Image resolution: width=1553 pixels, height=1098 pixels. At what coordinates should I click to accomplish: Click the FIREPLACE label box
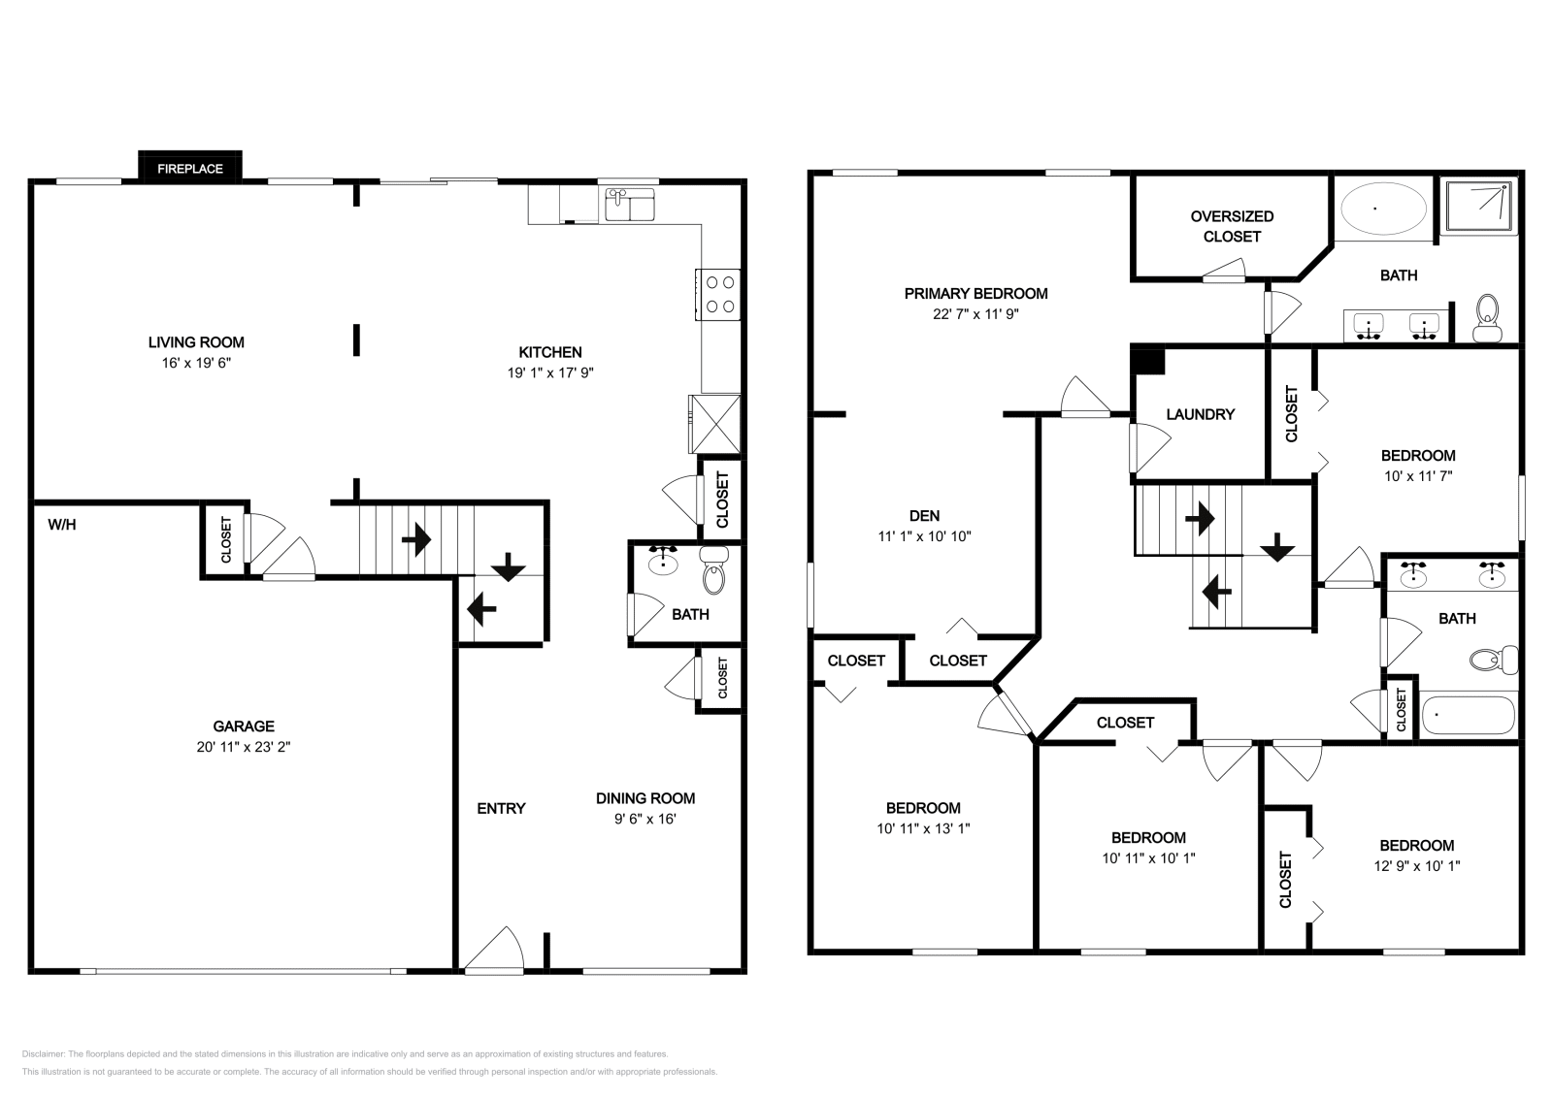tap(190, 167)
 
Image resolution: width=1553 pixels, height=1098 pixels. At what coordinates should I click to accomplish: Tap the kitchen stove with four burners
tap(718, 295)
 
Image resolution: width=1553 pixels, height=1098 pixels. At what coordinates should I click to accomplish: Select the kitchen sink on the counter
tap(630, 205)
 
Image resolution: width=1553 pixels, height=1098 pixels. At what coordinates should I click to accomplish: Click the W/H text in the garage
tap(62, 525)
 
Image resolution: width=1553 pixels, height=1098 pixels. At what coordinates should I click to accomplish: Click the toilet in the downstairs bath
tap(714, 570)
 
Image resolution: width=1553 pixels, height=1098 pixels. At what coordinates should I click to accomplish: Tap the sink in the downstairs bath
tap(663, 561)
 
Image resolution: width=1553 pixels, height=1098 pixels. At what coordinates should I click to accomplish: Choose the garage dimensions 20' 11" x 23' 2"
tap(244, 747)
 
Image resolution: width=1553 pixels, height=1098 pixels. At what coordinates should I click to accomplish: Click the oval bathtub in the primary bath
tap(1383, 208)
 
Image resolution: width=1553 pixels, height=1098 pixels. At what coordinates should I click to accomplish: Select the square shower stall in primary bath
tap(1478, 206)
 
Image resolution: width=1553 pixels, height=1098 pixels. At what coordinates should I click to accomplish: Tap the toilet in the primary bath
tap(1487, 318)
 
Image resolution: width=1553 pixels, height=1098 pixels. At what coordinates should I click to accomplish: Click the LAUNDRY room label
tap(1200, 414)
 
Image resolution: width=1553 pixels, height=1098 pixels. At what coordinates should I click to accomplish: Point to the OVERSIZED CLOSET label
tap(1232, 227)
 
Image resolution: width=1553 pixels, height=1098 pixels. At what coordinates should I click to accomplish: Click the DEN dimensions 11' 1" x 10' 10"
tap(924, 536)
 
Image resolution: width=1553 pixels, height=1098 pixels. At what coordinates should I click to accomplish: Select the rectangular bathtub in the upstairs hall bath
tap(1468, 715)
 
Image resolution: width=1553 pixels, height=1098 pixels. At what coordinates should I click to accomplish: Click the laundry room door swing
tap(1149, 447)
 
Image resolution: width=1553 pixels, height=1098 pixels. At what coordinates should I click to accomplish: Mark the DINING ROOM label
tap(645, 798)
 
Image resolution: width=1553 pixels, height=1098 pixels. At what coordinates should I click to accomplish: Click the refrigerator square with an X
tap(714, 424)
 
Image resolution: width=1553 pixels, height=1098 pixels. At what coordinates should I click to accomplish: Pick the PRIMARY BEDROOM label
tap(975, 294)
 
